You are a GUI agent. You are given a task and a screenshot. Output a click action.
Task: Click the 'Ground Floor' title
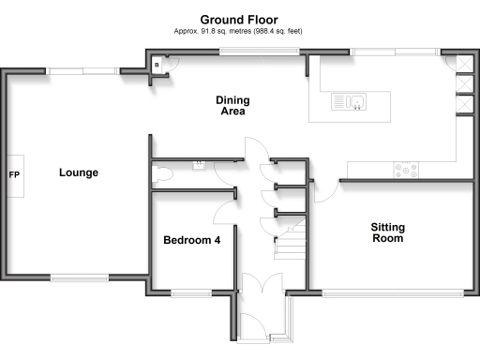[x=239, y=19]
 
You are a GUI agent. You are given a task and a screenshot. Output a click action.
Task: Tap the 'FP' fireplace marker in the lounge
[x=14, y=174]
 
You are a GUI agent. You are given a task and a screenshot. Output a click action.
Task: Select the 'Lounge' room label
[x=79, y=172]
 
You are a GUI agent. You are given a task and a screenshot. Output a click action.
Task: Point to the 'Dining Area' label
[x=231, y=105]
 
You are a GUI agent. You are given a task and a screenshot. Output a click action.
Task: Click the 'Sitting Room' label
[x=386, y=232]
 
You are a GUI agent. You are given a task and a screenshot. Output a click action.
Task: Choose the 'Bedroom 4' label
[x=192, y=240]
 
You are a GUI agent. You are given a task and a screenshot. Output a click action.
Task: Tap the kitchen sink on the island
[x=349, y=101]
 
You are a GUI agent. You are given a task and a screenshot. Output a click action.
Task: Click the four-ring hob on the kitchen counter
[x=407, y=170]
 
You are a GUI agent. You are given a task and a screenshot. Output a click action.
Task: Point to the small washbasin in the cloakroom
[x=199, y=165]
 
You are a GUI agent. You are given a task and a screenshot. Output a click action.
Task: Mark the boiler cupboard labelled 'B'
[x=157, y=64]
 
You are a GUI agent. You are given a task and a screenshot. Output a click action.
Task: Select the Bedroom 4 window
[x=192, y=292]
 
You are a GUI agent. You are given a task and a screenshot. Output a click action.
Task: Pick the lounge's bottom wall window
[x=79, y=277]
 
